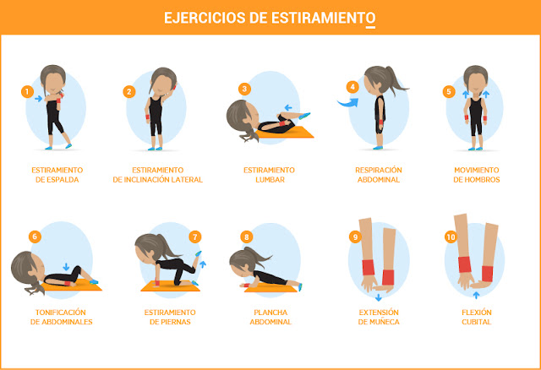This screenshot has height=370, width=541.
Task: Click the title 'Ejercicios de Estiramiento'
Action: coord(270,17)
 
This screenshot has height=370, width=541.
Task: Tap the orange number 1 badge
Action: coord(27,90)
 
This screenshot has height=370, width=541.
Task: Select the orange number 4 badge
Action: coord(352,87)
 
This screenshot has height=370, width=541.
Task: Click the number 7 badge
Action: coord(196,237)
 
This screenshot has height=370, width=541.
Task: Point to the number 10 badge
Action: coord(450,237)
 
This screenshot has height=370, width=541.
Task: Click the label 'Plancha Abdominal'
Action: coord(270,317)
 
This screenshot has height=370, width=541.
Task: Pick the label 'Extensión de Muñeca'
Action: coord(378,317)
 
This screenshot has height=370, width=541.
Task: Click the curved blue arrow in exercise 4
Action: coord(345,103)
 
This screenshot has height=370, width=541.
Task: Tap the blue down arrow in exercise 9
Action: coord(380,297)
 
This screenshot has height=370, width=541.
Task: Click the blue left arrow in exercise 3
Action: coord(287,108)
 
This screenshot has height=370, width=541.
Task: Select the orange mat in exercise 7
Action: coord(174,286)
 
